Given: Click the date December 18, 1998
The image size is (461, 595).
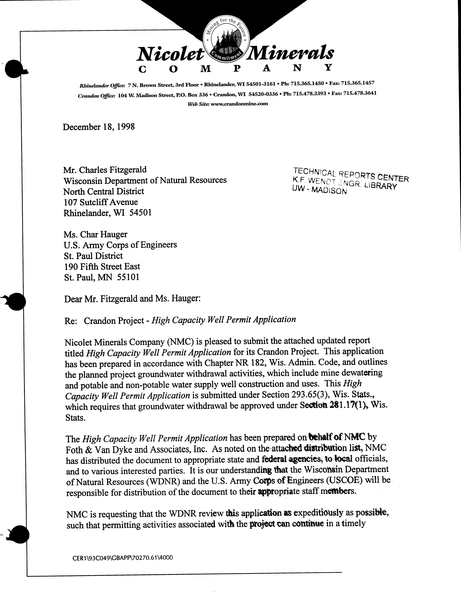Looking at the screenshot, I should pos(99,127).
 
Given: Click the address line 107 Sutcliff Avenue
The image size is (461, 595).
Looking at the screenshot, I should pos(101,202).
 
